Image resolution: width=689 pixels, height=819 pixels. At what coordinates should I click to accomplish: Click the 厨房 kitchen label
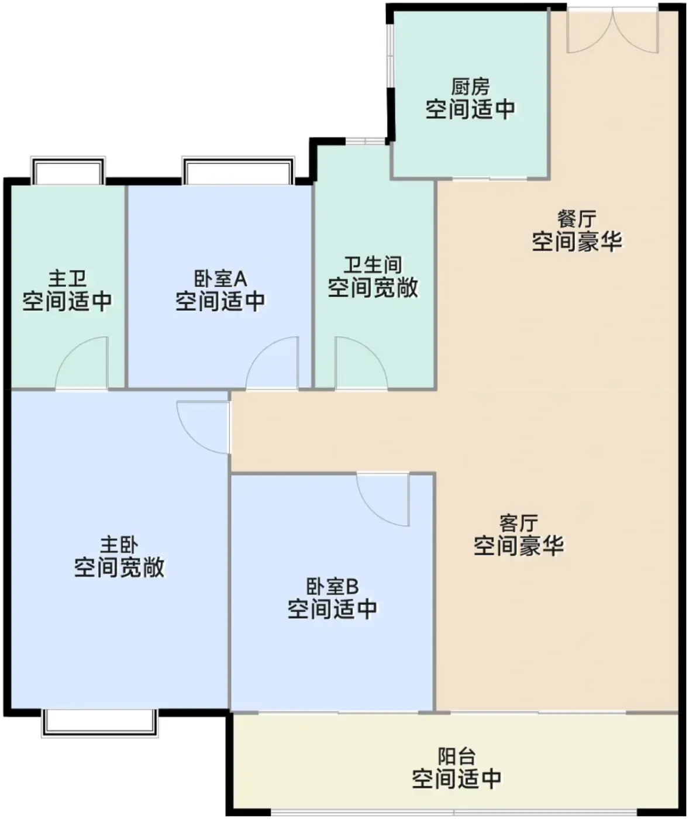point(470,87)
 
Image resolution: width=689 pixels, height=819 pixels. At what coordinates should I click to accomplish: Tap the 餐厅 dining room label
point(577,219)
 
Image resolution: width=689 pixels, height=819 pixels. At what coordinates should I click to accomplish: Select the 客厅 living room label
point(518,523)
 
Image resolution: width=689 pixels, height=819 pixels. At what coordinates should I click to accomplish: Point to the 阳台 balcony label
point(456,756)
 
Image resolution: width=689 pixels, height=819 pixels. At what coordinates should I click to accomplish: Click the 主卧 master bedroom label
point(119,544)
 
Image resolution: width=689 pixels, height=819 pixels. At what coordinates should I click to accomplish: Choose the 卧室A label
point(221,279)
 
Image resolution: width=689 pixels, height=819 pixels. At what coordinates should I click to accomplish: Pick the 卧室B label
point(332,587)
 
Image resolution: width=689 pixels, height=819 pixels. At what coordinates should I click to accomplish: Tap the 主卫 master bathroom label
point(67,279)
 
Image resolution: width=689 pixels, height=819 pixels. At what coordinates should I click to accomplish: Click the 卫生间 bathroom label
point(373,265)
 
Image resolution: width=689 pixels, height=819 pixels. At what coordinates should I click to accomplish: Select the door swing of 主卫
point(81,363)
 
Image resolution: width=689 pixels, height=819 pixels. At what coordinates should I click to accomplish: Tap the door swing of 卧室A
point(272,363)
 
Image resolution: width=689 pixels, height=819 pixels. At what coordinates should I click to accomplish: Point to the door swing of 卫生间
point(361,363)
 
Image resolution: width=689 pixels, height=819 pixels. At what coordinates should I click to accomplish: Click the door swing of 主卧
point(203,428)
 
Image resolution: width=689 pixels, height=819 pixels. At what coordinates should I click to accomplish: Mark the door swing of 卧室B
point(383,500)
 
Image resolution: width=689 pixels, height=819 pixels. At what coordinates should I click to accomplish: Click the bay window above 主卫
point(68,171)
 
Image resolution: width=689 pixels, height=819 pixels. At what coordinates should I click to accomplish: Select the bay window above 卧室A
point(238,171)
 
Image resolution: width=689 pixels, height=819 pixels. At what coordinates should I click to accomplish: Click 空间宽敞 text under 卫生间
point(373,288)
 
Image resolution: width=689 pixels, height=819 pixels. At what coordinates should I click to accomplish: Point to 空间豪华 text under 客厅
point(518,546)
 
